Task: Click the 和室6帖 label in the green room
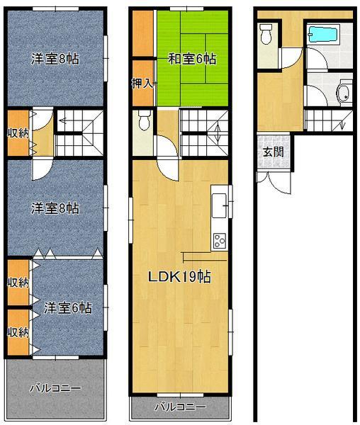(x=191, y=59)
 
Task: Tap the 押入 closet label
(x=142, y=84)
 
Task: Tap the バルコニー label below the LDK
(x=180, y=407)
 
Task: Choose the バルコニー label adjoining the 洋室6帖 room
(x=55, y=388)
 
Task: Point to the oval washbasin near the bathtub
(x=344, y=93)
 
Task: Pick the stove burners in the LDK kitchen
(x=218, y=241)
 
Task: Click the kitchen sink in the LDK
(x=218, y=199)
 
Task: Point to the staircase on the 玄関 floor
(x=327, y=120)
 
